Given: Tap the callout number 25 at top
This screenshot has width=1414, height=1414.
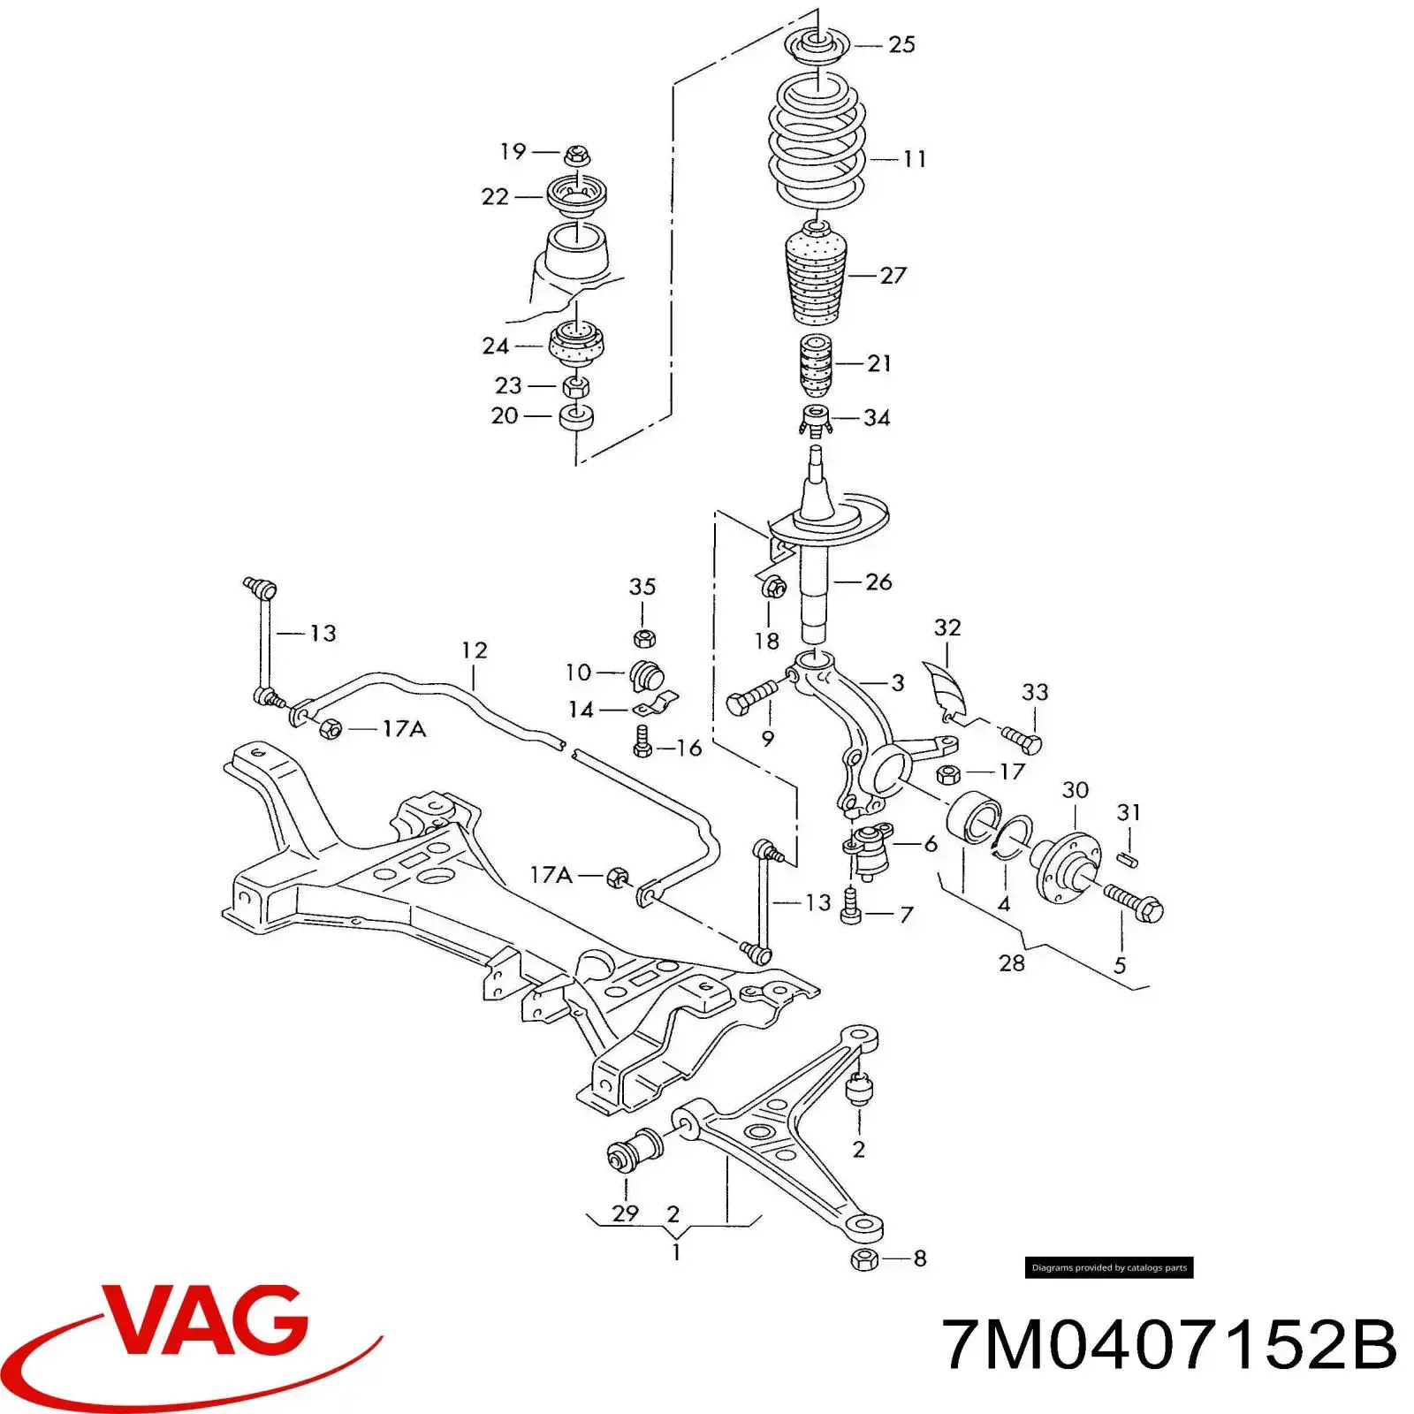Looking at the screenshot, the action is pyautogui.click(x=901, y=44).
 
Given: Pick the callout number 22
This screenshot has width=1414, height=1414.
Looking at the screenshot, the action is pyautogui.click(x=495, y=196).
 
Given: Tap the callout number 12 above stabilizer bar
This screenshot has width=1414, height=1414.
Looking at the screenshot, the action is pyautogui.click(x=475, y=650).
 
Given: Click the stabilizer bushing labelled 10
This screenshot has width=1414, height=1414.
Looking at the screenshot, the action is pyautogui.click(x=649, y=677).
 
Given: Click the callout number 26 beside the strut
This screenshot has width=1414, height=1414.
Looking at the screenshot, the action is pyautogui.click(x=878, y=582).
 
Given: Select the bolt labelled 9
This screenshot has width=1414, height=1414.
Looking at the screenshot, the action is pyautogui.click(x=751, y=698).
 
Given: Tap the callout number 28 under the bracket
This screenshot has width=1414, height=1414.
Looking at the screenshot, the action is pyautogui.click(x=1012, y=962).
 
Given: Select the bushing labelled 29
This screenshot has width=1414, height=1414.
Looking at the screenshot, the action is pyautogui.click(x=629, y=1152).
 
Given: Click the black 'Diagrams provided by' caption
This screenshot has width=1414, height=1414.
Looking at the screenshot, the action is pyautogui.click(x=1109, y=1267).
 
